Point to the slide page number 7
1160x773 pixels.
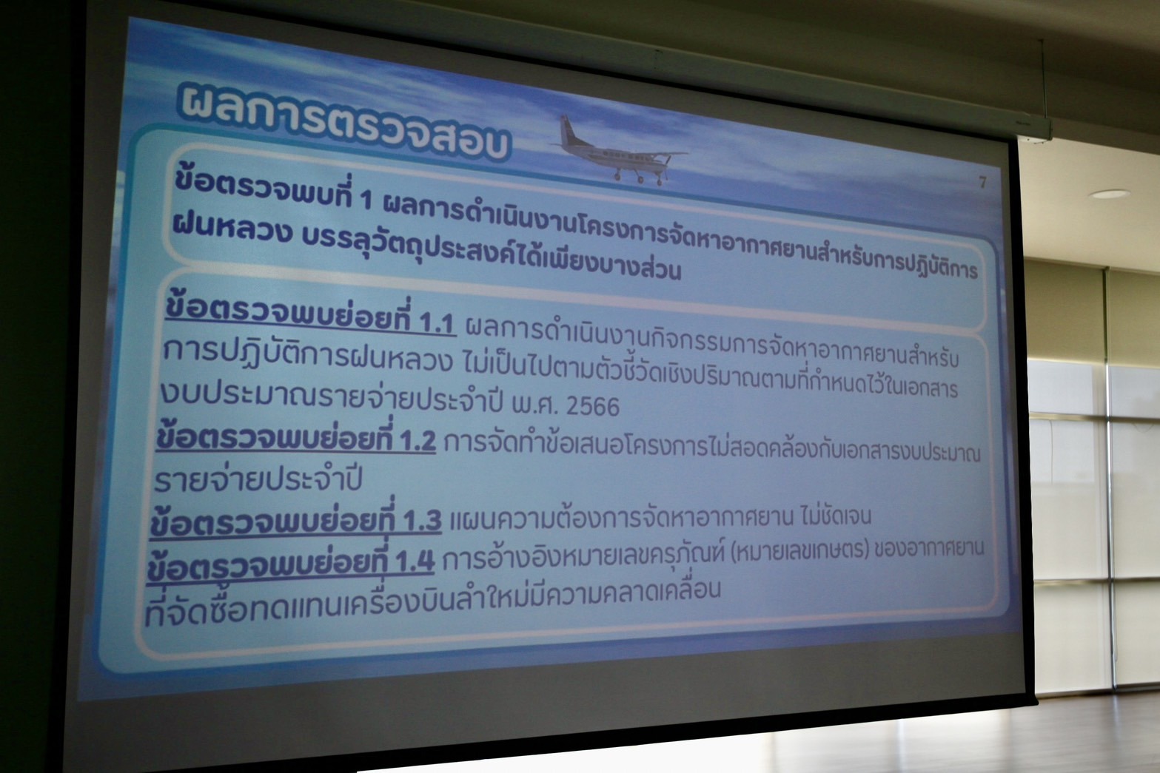982,182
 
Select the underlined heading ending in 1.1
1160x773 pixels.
310,317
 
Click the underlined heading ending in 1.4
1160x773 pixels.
290,562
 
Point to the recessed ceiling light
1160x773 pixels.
1109,194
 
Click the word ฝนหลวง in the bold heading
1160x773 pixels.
232,231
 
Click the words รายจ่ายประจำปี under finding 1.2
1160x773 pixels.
258,479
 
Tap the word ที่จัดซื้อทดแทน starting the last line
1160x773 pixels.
238,609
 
